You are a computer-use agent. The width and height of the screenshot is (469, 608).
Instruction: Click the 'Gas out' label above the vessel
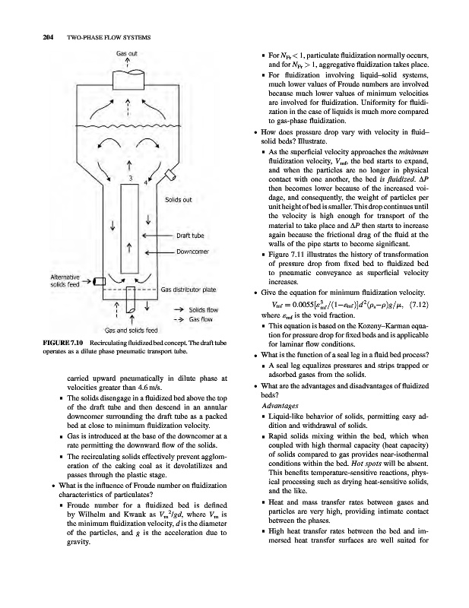[126, 54]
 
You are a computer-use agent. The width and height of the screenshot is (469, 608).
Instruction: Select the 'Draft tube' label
[193, 235]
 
